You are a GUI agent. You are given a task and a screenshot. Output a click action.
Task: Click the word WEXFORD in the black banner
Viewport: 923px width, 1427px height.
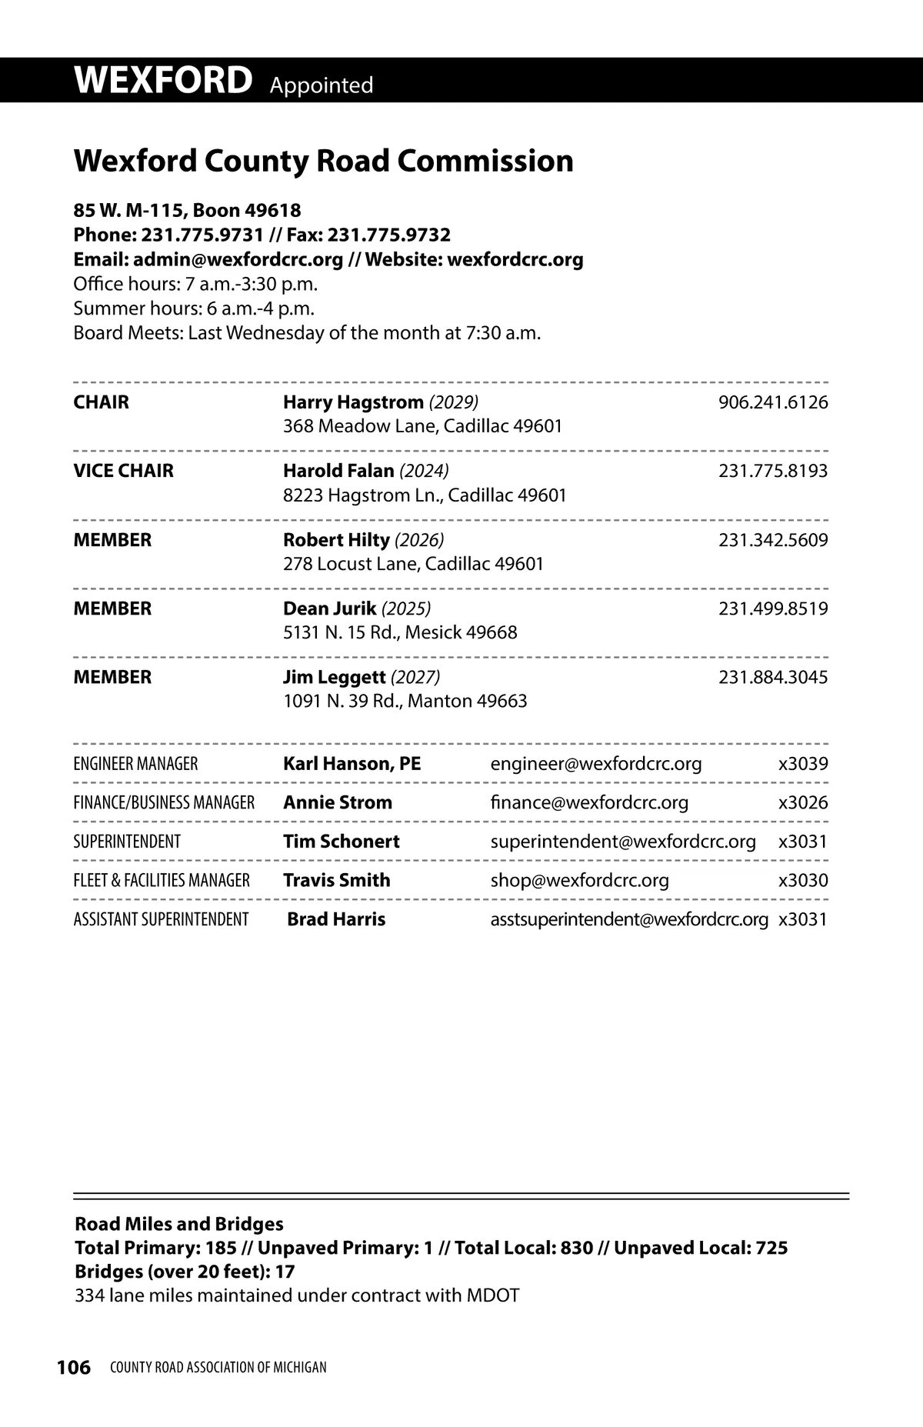pyautogui.click(x=163, y=81)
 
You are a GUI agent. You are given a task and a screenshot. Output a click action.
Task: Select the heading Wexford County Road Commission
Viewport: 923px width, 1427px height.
pyautogui.click(x=323, y=162)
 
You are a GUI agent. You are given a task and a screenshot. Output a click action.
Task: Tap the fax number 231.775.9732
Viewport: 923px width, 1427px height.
pyautogui.click(x=389, y=235)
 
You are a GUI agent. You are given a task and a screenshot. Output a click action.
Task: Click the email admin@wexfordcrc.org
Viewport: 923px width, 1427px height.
pyautogui.click(x=238, y=259)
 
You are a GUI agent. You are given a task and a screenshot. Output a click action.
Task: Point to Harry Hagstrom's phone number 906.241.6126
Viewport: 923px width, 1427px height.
pyautogui.click(x=773, y=402)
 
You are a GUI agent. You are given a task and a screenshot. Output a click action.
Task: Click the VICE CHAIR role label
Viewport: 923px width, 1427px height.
pyautogui.click(x=123, y=471)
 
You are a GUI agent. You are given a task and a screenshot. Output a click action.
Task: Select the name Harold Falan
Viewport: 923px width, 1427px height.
pyautogui.click(x=338, y=471)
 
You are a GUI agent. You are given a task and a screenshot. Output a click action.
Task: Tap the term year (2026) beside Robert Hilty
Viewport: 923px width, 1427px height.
pyautogui.click(x=418, y=540)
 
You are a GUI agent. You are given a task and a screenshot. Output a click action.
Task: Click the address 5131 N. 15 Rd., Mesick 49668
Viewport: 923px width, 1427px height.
pyautogui.click(x=400, y=632)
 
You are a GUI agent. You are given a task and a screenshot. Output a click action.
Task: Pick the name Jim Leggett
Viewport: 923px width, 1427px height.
pyautogui.click(x=334, y=677)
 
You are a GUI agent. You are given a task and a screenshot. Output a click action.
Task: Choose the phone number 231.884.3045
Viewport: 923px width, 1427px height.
pyautogui.click(x=773, y=677)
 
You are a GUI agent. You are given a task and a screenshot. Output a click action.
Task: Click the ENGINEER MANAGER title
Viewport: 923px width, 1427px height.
pyautogui.click(x=135, y=764)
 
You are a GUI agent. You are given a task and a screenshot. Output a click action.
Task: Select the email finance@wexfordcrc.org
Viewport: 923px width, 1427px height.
pyautogui.click(x=589, y=802)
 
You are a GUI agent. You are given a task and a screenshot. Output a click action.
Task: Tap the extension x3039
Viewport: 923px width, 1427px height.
pyautogui.click(x=803, y=764)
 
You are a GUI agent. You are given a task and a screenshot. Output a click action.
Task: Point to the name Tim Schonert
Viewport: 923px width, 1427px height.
pyautogui.click(x=341, y=842)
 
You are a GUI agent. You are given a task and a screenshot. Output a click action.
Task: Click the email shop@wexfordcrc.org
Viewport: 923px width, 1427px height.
pyautogui.click(x=579, y=880)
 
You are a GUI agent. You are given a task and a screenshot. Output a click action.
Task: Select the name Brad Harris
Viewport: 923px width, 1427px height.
pyautogui.click(x=336, y=919)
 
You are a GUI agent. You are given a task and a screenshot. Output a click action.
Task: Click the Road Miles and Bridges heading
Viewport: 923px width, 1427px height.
pyautogui.click(x=178, y=1224)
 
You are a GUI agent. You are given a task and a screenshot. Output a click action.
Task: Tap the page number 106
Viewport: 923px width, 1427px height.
pyautogui.click(x=74, y=1367)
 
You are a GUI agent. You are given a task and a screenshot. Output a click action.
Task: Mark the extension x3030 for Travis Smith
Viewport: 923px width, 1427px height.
pyautogui.click(x=803, y=880)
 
